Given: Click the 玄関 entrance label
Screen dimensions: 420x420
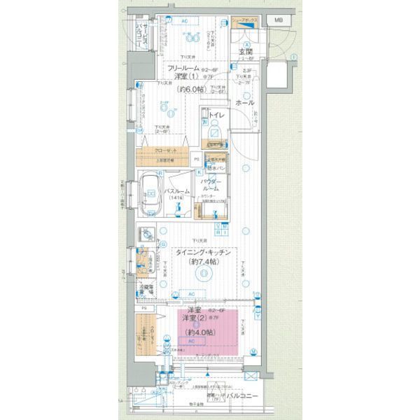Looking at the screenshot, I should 246,52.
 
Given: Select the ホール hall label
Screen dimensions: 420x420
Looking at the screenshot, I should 245,103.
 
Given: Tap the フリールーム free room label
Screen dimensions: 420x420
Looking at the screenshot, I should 183,68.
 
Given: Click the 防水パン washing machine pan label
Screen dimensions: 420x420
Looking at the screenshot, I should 215,169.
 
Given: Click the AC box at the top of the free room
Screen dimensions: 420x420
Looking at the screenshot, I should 185,21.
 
